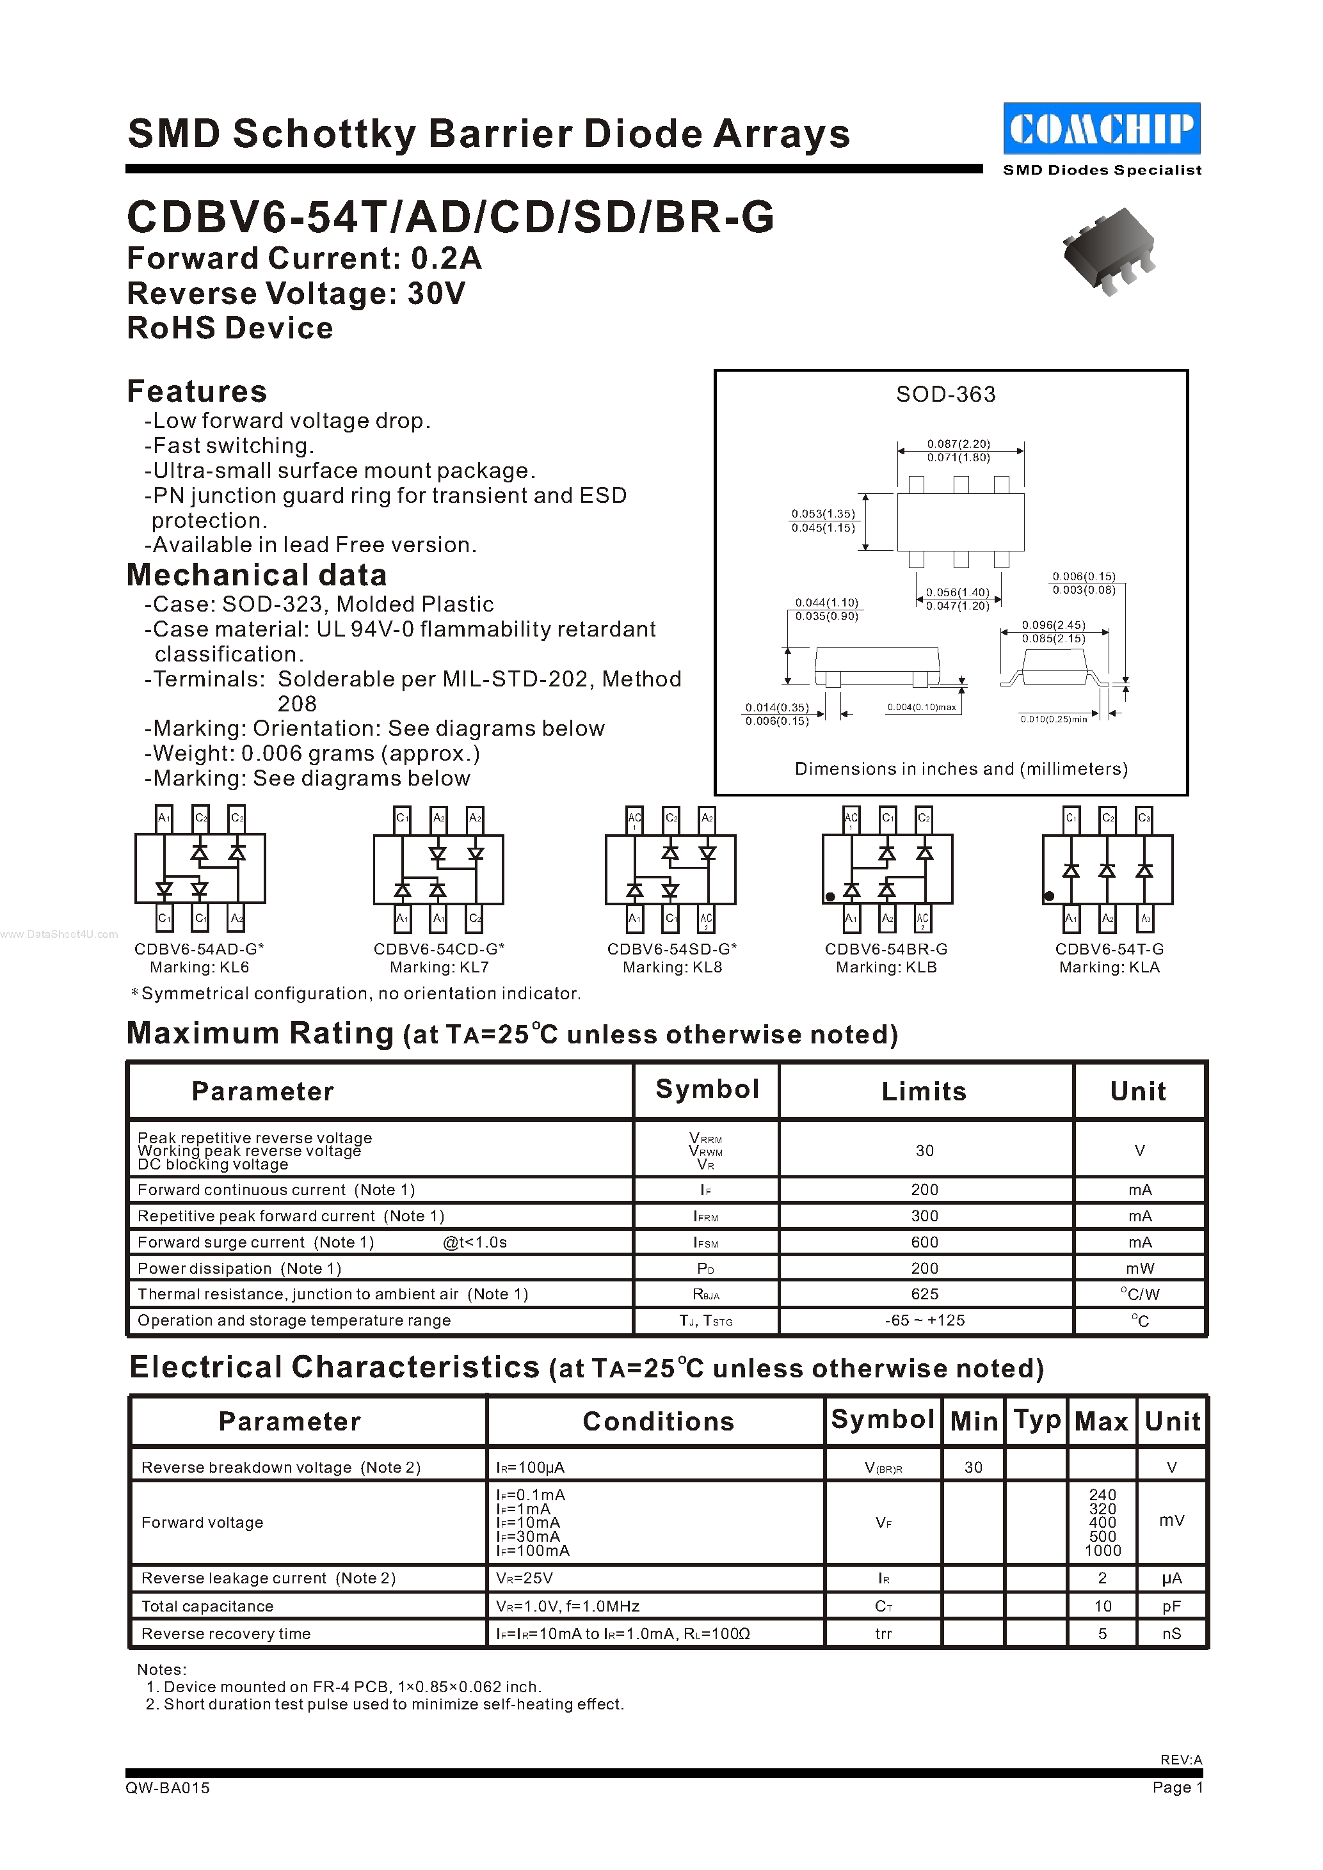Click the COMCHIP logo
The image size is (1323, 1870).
[x=1102, y=129]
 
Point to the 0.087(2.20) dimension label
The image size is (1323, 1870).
[x=958, y=444]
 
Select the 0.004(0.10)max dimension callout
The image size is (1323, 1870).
[x=922, y=707]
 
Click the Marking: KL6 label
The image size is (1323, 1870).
[x=199, y=967]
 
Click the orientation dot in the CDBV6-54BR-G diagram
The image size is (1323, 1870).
[x=830, y=897]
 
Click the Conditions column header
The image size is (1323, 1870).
[x=657, y=1422]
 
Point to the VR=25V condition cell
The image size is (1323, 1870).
[x=525, y=1578]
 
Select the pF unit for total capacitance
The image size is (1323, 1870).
[x=1171, y=1606]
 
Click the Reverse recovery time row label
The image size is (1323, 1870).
[x=226, y=1634]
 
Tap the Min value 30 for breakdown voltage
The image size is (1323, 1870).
[x=973, y=1468]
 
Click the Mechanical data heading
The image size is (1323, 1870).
[x=257, y=576]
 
